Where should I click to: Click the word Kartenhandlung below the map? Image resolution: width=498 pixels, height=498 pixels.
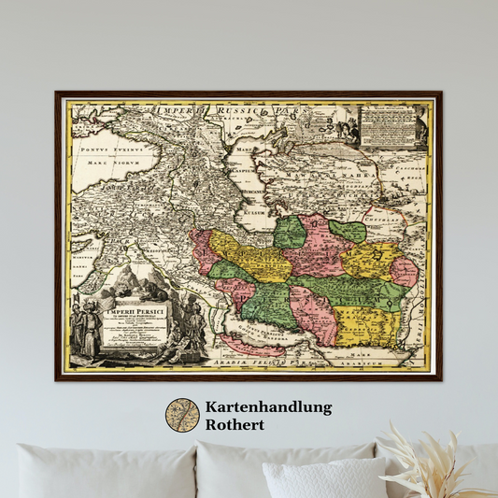click(x=268, y=407)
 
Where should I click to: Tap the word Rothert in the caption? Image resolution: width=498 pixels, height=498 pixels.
click(x=235, y=424)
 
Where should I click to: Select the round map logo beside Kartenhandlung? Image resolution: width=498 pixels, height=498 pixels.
click(x=182, y=416)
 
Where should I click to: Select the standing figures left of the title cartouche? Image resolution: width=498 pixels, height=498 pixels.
click(x=87, y=327)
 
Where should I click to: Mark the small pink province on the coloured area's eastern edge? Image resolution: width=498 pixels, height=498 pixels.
click(x=404, y=272)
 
